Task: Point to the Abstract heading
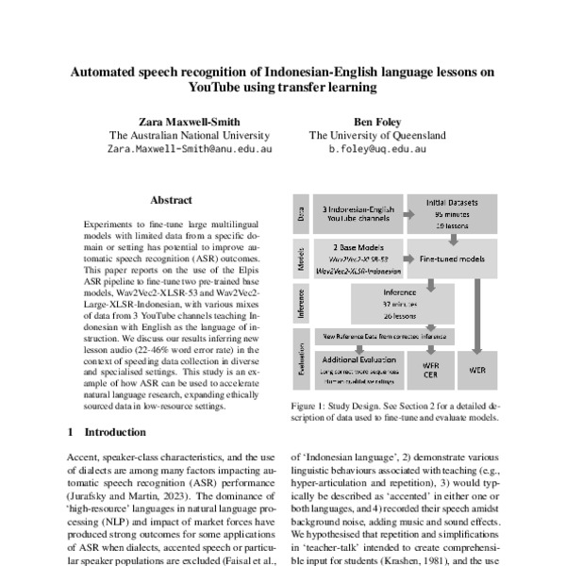coord(171,200)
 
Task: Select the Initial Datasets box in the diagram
coord(452,214)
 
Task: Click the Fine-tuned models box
coord(452,257)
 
